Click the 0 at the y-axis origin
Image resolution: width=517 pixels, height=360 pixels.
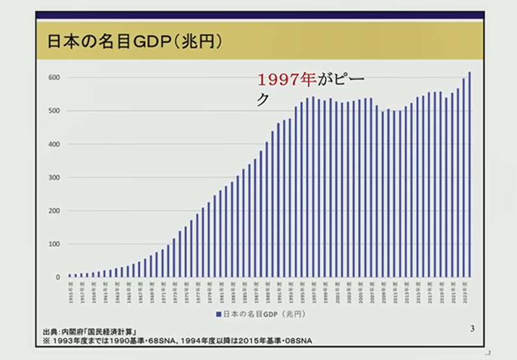[57, 278]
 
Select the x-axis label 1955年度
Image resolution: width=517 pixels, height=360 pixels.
[70, 288]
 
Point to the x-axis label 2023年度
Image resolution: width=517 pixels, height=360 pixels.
[464, 288]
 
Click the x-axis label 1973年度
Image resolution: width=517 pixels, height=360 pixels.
[174, 288]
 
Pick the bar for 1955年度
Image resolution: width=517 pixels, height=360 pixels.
[70, 275]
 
